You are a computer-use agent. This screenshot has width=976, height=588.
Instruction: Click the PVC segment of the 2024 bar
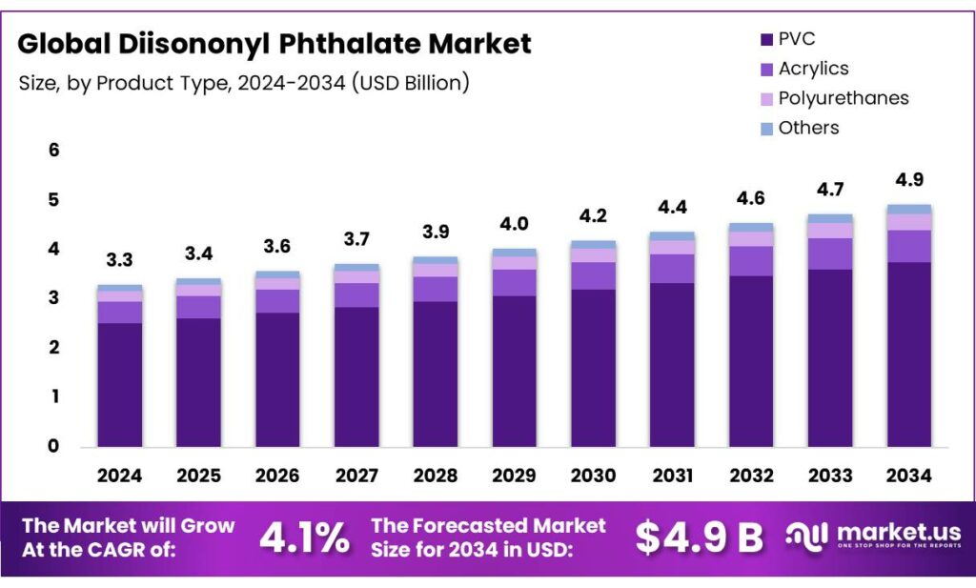[x=120, y=384]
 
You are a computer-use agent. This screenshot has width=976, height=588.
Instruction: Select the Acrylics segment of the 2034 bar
[x=908, y=246]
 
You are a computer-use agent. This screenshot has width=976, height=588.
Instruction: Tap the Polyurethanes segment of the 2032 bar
[x=751, y=239]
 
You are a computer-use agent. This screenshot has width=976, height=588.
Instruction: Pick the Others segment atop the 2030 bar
[x=593, y=245]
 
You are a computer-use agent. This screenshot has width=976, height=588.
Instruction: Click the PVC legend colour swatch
[x=765, y=40]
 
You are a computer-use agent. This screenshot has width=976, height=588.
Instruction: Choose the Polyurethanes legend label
[x=844, y=98]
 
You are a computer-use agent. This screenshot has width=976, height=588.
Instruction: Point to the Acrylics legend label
[x=813, y=69]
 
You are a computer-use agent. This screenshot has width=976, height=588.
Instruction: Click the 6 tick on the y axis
[x=54, y=151]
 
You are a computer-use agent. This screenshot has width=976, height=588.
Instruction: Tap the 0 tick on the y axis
[x=54, y=446]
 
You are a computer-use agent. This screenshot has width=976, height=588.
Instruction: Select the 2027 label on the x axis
[x=356, y=475]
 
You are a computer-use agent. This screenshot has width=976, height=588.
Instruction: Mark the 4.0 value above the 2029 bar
[x=514, y=224]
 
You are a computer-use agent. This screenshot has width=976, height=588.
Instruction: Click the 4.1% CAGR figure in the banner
[x=304, y=538]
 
